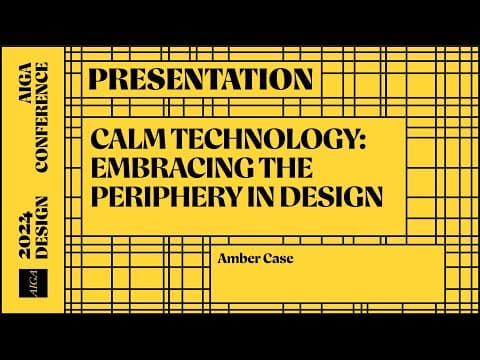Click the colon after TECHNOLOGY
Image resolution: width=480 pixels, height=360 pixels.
coord(363,141)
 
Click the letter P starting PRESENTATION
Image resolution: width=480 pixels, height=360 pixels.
coord(98,79)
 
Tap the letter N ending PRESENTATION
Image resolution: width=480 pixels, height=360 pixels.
coord(302,79)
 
